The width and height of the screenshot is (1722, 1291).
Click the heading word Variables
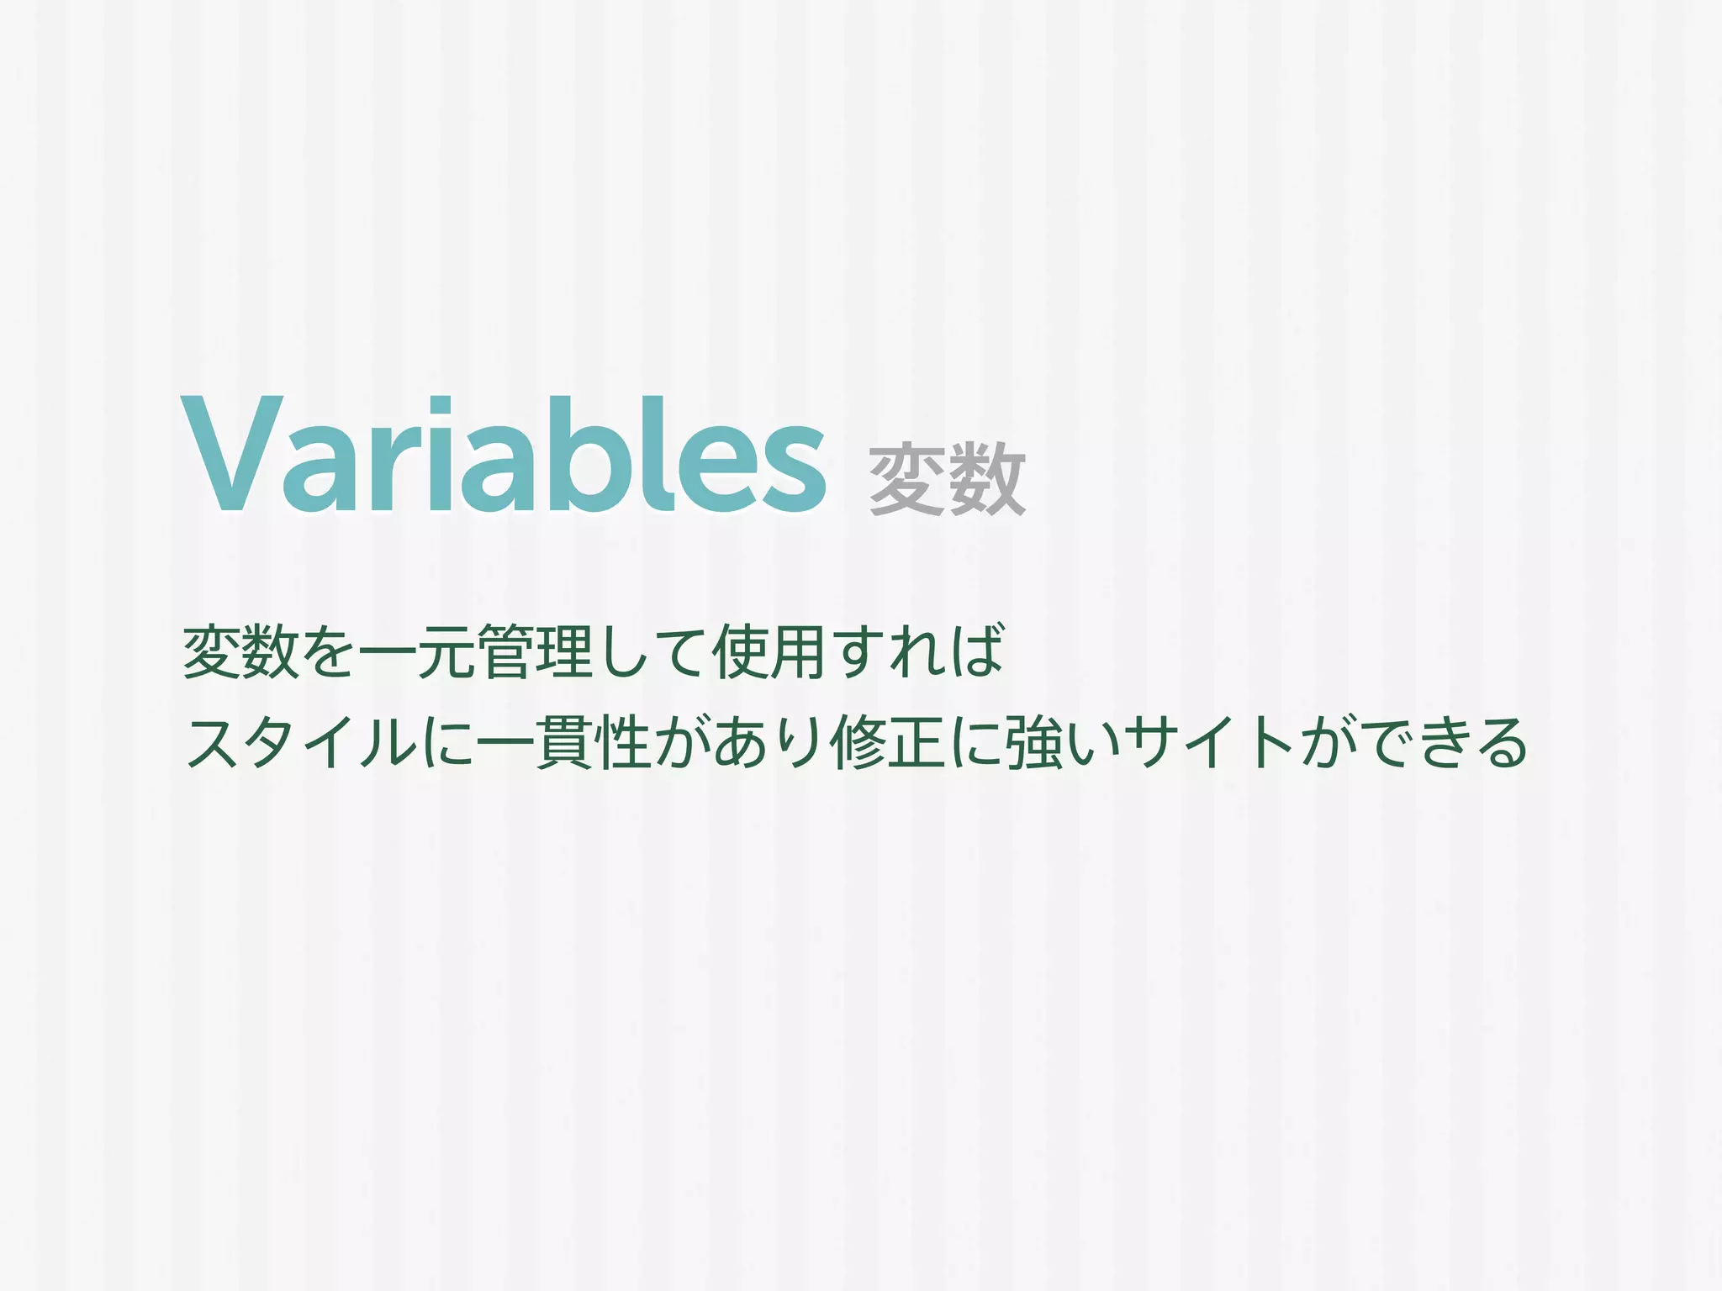503,456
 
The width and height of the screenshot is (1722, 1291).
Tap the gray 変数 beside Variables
947,481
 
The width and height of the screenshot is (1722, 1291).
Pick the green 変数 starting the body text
241,651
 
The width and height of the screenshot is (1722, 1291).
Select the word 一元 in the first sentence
418,652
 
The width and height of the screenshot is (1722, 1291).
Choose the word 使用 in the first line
769,651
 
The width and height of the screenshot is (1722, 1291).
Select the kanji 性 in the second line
623,743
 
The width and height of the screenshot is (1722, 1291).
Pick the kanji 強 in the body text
1035,743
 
